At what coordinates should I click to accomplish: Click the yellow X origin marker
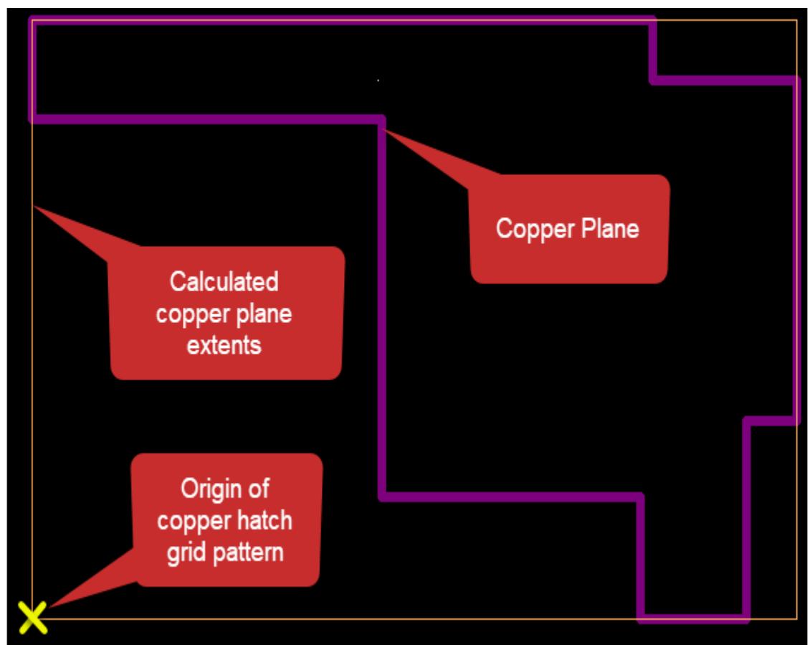click(32, 618)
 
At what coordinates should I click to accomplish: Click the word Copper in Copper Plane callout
click(530, 229)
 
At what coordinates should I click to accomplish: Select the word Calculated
click(224, 282)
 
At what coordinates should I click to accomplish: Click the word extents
click(224, 346)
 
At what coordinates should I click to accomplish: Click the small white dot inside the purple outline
click(378, 80)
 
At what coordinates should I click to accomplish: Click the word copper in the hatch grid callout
click(189, 521)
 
